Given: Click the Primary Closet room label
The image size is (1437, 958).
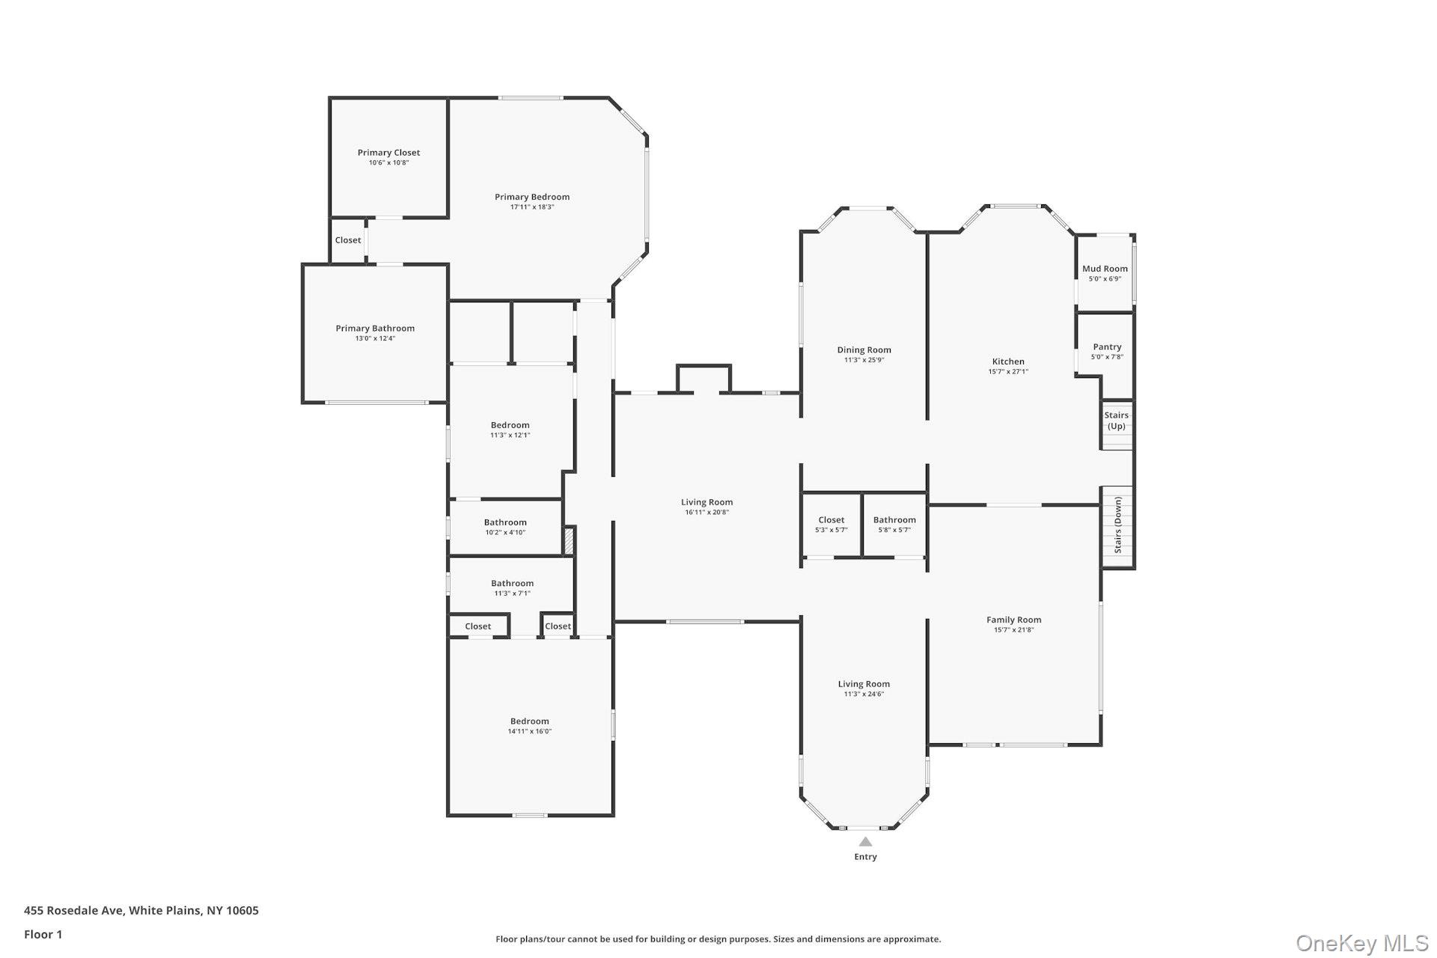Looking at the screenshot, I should [x=388, y=153].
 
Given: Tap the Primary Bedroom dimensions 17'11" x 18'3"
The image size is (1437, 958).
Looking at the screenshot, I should [x=531, y=207].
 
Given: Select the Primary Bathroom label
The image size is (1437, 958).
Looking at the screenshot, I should [x=374, y=329].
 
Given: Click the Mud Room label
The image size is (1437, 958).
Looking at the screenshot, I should [x=1105, y=269].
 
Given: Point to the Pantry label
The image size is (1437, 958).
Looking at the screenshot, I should [x=1107, y=347].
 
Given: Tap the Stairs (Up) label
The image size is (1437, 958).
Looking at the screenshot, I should [x=1116, y=421].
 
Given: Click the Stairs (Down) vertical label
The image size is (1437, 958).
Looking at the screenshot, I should [x=1117, y=525].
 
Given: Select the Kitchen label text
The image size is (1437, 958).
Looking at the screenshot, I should [x=1008, y=361].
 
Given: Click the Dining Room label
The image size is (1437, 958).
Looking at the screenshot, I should [x=864, y=350].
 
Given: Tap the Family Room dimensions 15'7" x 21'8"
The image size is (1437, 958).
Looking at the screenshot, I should [x=1013, y=630].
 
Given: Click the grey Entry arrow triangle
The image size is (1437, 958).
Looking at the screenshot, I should [x=865, y=841].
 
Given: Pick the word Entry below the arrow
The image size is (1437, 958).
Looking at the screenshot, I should [x=865, y=857].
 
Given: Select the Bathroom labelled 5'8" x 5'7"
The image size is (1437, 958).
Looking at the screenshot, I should [x=894, y=520].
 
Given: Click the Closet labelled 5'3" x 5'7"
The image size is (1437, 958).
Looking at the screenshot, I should [x=831, y=520].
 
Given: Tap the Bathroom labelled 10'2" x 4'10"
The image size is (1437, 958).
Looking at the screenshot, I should [x=505, y=523].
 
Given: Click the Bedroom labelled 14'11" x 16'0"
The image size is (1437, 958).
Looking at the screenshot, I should [x=530, y=721].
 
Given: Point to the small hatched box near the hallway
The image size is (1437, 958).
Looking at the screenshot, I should [x=568, y=541].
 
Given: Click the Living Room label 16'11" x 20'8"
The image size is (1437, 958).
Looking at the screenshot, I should [x=707, y=503].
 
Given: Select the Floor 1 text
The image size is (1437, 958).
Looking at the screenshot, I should [x=43, y=934].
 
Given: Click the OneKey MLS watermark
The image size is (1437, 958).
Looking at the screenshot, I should [x=1361, y=943].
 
